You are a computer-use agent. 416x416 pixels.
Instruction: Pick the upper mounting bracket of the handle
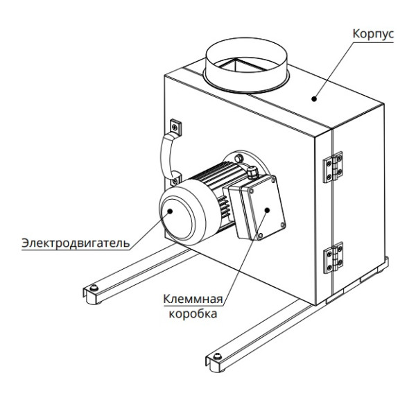(174, 126)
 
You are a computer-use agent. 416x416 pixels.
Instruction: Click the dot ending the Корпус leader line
(314, 98)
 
